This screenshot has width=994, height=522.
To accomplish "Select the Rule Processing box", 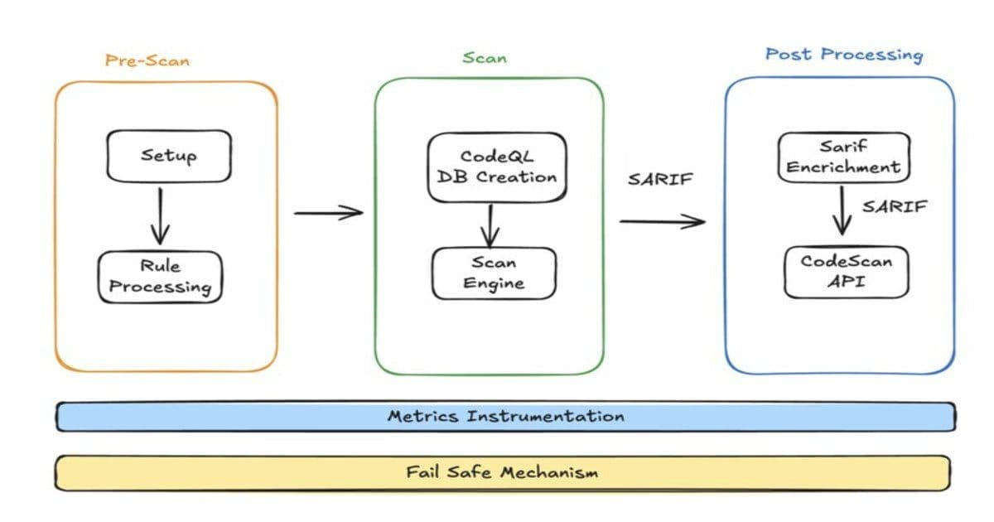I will (161, 277).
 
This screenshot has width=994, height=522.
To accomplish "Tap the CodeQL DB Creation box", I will (497, 167).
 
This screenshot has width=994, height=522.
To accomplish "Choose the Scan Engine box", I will (494, 273).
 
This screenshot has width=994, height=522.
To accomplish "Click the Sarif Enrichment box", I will (843, 157).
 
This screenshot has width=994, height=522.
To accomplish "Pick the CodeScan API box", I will (846, 272).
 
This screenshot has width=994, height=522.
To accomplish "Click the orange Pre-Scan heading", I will (147, 60).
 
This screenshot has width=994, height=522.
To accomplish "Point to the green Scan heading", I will (485, 58).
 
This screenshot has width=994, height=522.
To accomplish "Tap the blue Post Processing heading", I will (843, 55).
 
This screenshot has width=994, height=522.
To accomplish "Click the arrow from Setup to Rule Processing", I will (160, 217).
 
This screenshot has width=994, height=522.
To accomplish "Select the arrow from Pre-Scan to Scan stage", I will (328, 213).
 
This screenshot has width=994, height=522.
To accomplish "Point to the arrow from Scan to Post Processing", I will (662, 221).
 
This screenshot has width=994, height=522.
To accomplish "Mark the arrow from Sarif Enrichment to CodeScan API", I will (842, 210).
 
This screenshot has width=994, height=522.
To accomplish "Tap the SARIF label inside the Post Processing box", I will (894, 207).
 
